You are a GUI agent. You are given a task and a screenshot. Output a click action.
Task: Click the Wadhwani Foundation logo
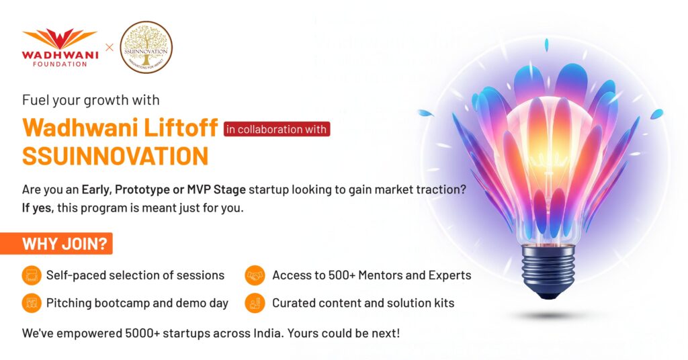click(x=60, y=48)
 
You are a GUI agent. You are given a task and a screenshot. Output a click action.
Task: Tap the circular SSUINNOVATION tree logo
click(x=146, y=48)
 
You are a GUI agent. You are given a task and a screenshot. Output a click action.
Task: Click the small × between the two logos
click(x=110, y=48)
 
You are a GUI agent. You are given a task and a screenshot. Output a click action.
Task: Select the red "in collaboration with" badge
click(x=276, y=130)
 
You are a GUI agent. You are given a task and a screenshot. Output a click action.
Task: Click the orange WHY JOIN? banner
click(x=56, y=243)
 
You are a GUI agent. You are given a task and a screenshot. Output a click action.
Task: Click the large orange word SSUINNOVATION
click(x=116, y=156)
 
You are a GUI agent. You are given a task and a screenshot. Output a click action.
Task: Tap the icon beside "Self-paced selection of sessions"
click(x=32, y=275)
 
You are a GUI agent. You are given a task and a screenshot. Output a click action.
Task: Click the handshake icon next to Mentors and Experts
click(x=255, y=275)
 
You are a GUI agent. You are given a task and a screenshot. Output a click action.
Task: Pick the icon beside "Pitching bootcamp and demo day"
click(x=32, y=303)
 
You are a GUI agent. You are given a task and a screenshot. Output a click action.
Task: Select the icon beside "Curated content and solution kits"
click(x=255, y=303)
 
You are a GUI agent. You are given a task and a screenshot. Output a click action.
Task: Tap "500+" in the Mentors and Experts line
click(x=342, y=275)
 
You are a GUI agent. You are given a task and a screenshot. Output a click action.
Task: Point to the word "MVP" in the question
click(x=200, y=190)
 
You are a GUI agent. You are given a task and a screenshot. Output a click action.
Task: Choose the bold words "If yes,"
click(x=38, y=208)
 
